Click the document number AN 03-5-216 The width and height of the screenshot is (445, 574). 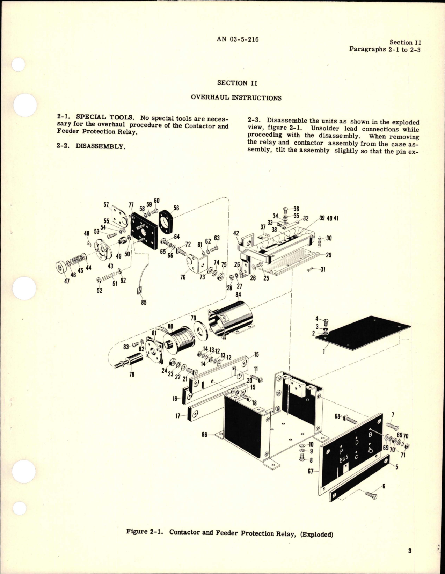(238, 39)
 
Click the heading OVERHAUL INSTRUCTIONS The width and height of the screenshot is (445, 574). (236, 98)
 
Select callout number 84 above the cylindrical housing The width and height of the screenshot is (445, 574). (239, 295)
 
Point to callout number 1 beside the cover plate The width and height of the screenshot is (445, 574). (324, 351)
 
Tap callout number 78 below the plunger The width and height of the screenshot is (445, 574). (132, 375)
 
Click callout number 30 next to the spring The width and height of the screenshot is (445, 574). (329, 238)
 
